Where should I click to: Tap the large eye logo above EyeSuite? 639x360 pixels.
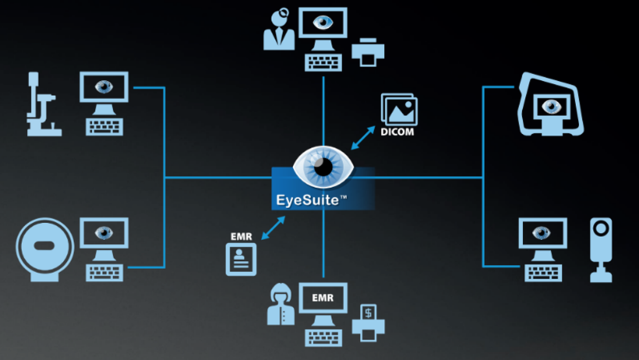click(x=323, y=167)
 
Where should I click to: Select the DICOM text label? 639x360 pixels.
click(x=397, y=132)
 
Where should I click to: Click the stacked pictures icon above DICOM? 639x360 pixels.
click(x=399, y=109)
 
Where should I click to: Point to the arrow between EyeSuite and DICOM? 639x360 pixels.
click(x=363, y=138)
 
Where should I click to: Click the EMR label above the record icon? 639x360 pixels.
click(x=241, y=238)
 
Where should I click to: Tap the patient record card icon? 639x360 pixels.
click(x=241, y=259)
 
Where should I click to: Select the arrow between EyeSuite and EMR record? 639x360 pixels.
click(x=273, y=228)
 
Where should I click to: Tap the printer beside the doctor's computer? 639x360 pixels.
click(x=368, y=51)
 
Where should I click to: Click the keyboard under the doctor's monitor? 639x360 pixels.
click(x=323, y=62)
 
